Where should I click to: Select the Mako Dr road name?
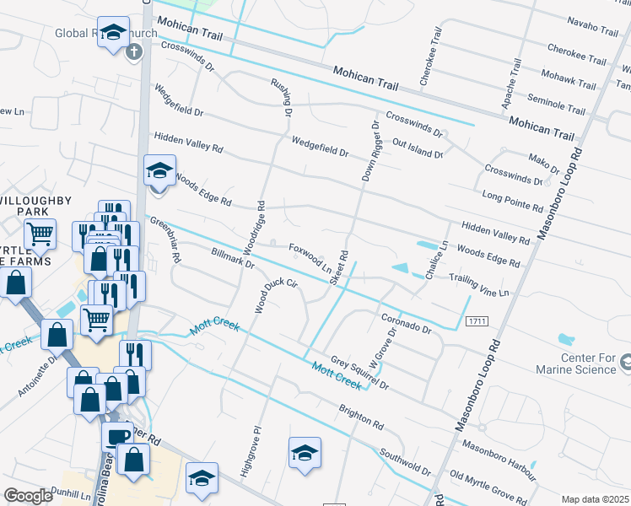543,160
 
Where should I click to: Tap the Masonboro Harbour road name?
499,462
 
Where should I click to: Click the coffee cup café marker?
117,435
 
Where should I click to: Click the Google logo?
29,496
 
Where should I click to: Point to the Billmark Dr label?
234,257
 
